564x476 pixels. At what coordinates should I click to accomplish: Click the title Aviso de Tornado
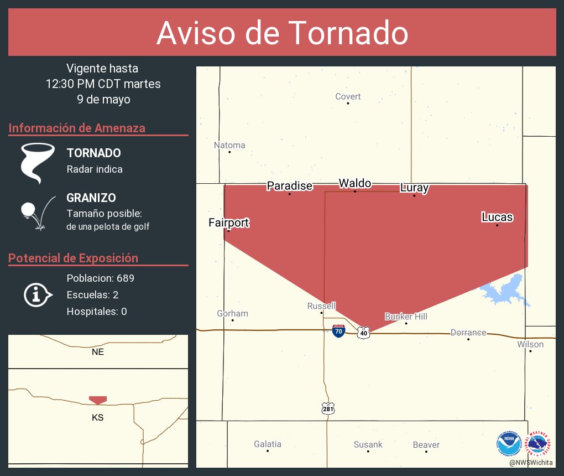[x=282, y=33]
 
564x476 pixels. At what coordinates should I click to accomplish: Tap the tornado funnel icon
[x=38, y=163]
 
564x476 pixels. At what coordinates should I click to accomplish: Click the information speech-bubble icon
[x=37, y=294]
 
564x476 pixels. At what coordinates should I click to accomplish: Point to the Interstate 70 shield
[x=339, y=332]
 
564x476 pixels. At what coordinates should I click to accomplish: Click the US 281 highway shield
[x=327, y=408]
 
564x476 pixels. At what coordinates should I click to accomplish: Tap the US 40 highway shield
[x=363, y=332]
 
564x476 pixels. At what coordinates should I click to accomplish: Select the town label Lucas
[x=497, y=217]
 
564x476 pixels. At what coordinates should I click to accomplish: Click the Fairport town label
[x=228, y=223]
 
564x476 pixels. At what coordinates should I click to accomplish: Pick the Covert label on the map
[x=348, y=96]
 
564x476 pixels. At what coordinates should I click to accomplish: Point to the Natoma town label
[x=229, y=145]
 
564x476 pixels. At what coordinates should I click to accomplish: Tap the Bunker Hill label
[x=406, y=316]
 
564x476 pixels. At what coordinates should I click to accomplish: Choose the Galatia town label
[x=268, y=444]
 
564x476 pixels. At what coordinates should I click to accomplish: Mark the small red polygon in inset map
[x=98, y=400]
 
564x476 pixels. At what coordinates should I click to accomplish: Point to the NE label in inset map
[x=98, y=351]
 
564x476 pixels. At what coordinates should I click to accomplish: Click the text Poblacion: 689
[x=100, y=278]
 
